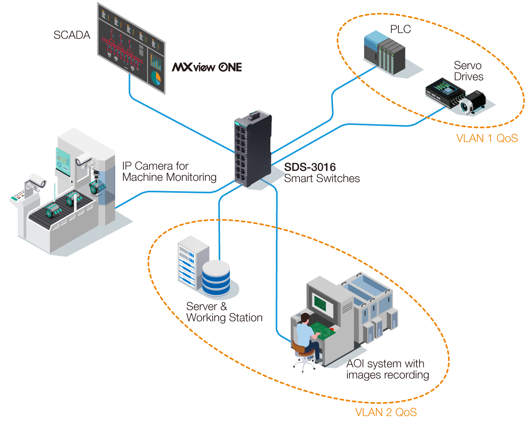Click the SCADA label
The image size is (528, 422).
click(x=72, y=35)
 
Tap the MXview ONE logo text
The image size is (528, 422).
click(x=207, y=67)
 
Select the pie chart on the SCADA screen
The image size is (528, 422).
click(x=156, y=77)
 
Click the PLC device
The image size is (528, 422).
click(x=385, y=52)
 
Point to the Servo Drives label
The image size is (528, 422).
click(x=468, y=71)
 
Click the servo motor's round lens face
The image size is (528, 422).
click(x=465, y=106)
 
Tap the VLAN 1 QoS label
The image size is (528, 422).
click(x=487, y=138)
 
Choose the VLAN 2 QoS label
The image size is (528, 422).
click(x=386, y=412)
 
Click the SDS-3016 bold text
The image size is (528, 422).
click(x=310, y=167)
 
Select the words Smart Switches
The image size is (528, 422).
click(x=322, y=178)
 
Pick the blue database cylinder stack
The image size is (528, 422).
click(x=216, y=278)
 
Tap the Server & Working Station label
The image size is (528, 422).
click(x=224, y=312)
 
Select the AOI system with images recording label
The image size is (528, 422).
click(x=387, y=369)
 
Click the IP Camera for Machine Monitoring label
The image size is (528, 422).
click(x=169, y=172)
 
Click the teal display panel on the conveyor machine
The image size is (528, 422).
click(x=64, y=160)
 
